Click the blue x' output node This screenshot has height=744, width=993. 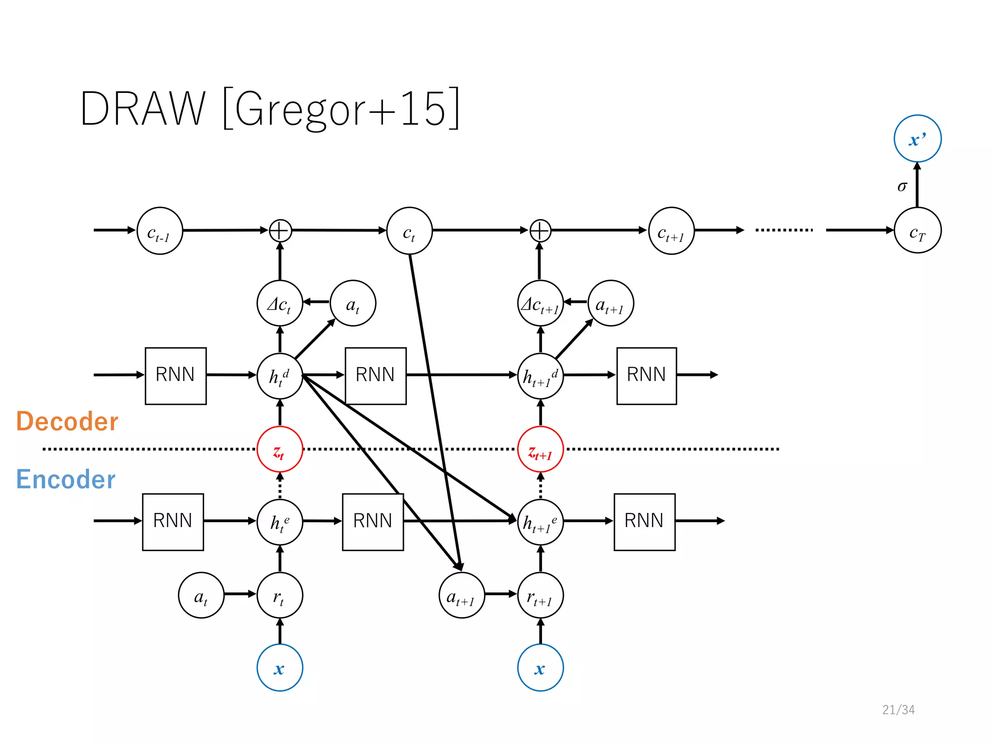point(917,139)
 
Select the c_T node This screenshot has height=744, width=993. point(917,231)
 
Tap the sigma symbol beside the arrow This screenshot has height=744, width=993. point(902,186)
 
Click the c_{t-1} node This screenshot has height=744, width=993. point(160,231)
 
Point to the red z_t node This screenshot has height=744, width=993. point(280,449)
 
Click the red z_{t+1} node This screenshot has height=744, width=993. point(540,449)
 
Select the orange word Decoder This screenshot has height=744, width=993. point(67,421)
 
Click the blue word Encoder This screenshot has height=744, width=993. point(65,479)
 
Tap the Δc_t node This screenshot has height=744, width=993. point(280,303)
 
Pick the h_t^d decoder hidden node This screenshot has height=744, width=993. point(280,376)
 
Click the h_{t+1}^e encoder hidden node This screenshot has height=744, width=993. point(540,522)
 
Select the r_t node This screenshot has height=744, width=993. point(280,595)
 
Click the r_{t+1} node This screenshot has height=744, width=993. point(540,595)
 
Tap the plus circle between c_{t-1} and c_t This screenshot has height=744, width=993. point(280,231)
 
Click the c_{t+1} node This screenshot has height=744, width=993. point(671,231)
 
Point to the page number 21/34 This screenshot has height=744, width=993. point(898,710)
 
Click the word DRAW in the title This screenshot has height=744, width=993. point(143,108)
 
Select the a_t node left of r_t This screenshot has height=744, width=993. point(201,595)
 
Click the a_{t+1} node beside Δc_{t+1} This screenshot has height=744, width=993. point(610,303)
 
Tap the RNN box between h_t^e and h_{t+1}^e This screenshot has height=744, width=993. point(373,522)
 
